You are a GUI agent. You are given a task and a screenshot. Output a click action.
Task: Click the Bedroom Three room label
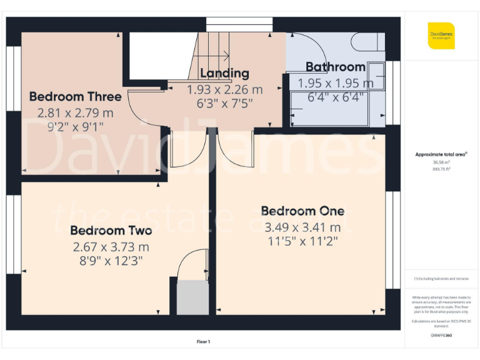(x=75, y=97)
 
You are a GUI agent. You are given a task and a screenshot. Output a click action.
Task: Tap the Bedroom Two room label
(x=111, y=230)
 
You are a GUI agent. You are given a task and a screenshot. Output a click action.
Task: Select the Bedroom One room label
(x=302, y=211)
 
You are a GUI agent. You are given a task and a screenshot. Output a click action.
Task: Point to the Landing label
(x=224, y=74)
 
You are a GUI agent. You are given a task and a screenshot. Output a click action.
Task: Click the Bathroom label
(x=335, y=67)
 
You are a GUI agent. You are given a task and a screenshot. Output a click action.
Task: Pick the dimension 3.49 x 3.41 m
(x=302, y=227)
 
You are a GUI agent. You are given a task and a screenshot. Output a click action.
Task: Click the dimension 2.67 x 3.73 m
(x=111, y=246)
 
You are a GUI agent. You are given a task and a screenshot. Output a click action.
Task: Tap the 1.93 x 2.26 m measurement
(x=224, y=89)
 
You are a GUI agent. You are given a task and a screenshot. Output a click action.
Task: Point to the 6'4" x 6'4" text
(x=335, y=98)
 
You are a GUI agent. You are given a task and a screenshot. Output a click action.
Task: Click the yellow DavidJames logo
(x=441, y=35)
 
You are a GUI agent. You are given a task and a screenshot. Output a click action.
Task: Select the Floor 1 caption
(x=204, y=342)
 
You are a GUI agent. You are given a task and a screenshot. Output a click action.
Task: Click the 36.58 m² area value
(x=441, y=161)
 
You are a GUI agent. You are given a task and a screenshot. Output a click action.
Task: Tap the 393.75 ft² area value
(x=441, y=168)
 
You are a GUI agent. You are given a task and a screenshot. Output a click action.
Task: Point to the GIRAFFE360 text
(x=441, y=336)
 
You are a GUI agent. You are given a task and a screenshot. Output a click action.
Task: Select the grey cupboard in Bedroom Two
(x=192, y=297)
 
